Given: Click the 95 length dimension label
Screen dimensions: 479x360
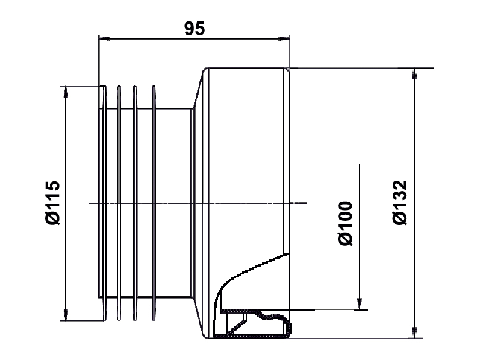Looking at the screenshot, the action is click(195, 29).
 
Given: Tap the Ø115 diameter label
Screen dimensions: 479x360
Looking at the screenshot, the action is click(52, 203).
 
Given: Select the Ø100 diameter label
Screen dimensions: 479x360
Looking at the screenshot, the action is click(346, 223).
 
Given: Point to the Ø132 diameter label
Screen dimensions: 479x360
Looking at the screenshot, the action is click(400, 203).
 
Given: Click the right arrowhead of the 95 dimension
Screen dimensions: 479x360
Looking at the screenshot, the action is click(284, 39).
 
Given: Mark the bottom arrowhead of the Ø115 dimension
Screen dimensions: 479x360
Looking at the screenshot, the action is click(65, 315).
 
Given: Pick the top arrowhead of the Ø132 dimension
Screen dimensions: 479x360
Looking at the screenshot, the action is click(414, 74).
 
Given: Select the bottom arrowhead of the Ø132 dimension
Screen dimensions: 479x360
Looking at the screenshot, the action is click(414, 332).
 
